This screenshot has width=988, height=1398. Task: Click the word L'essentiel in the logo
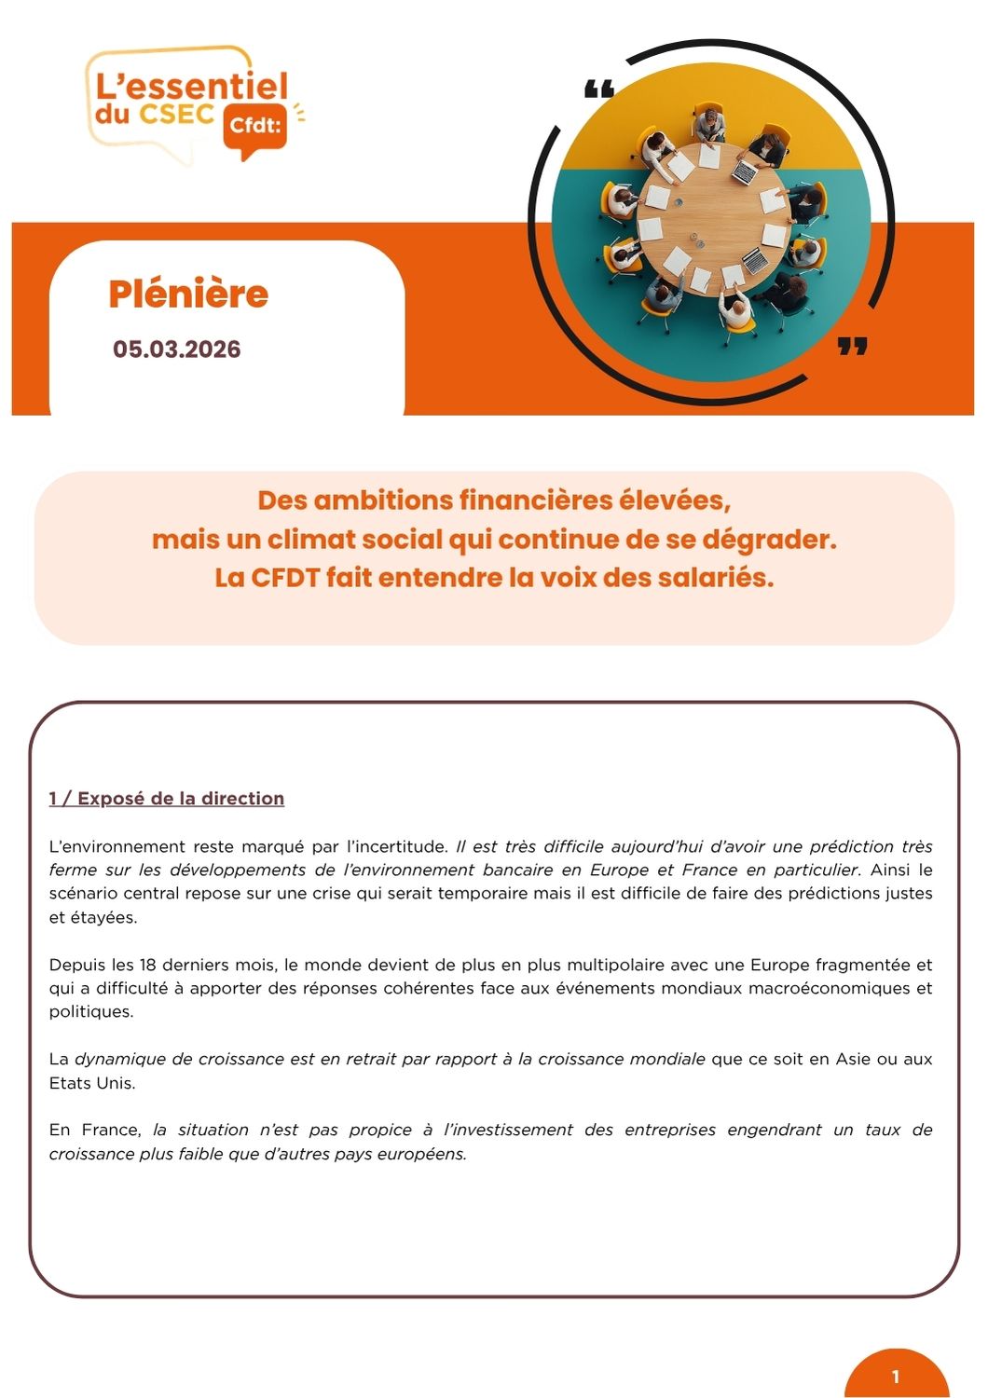tap(192, 87)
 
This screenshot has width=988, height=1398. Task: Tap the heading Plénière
tap(188, 294)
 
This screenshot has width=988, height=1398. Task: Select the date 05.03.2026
tap(177, 349)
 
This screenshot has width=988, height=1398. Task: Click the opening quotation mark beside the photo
tap(599, 90)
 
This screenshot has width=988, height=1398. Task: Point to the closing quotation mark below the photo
tap(852, 347)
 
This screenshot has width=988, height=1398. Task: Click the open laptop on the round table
tap(744, 173)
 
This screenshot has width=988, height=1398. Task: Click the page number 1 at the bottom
tap(896, 1377)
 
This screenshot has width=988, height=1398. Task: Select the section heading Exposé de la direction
tap(181, 799)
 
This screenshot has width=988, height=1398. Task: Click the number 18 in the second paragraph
tap(148, 965)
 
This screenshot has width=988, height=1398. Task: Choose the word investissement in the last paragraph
tap(509, 1130)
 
